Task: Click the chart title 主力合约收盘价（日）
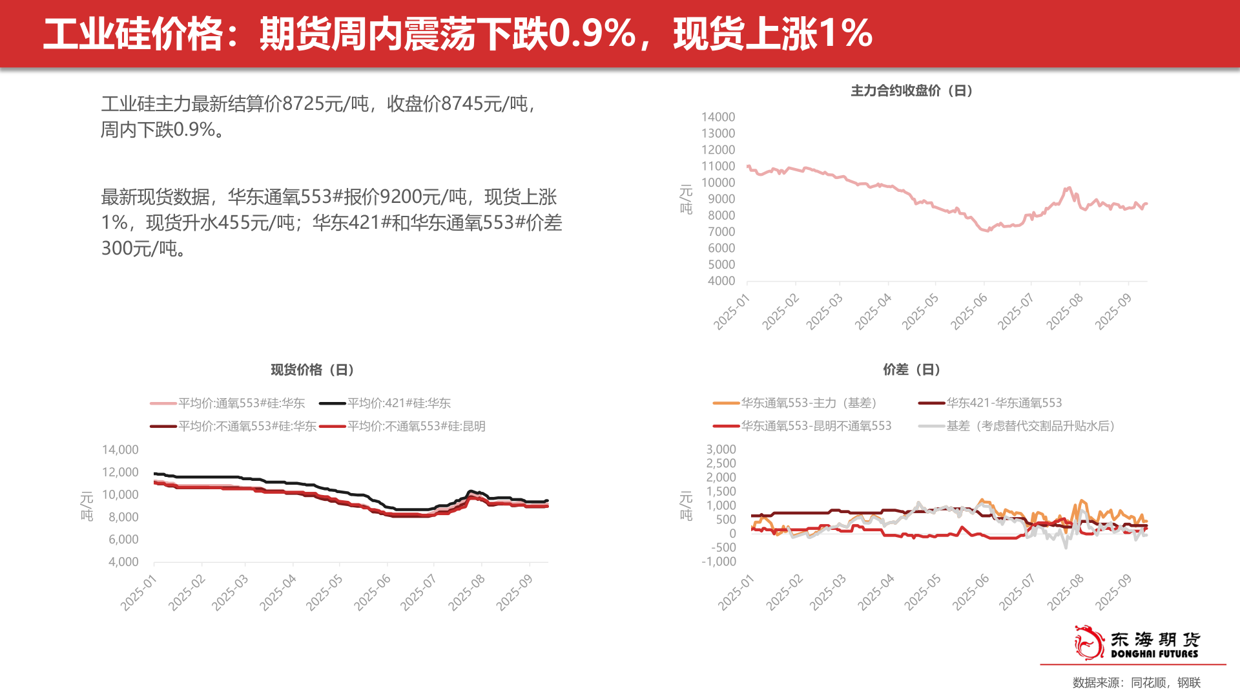click(x=911, y=90)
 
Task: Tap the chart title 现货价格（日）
click(x=313, y=370)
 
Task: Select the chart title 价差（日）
click(x=911, y=370)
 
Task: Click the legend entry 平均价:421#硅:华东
click(x=398, y=403)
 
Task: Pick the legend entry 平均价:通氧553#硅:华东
click(x=241, y=403)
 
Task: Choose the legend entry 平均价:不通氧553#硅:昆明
click(x=416, y=427)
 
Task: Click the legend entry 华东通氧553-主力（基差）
click(x=809, y=403)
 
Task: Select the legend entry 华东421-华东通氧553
click(x=1004, y=403)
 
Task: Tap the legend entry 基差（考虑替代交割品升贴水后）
click(x=1031, y=427)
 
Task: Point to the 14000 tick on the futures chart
click(x=718, y=117)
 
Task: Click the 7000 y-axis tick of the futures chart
click(x=721, y=231)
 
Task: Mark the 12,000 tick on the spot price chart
click(x=120, y=472)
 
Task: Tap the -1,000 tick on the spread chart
click(x=719, y=562)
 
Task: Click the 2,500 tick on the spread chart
click(x=721, y=463)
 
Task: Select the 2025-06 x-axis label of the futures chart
click(x=969, y=311)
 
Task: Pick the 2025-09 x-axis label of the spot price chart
click(x=514, y=591)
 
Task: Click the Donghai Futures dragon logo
click(x=1089, y=642)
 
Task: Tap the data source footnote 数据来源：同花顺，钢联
click(x=1136, y=682)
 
